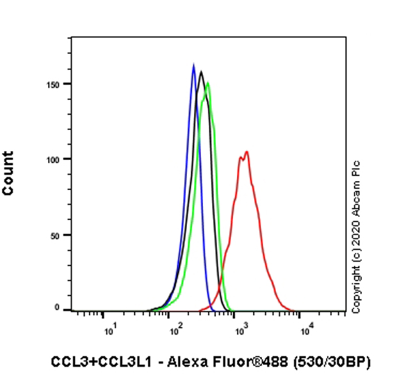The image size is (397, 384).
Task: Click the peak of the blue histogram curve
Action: click(x=193, y=65)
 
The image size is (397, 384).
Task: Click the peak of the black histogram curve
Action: click(x=201, y=71)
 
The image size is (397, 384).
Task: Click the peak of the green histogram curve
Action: click(x=207, y=82)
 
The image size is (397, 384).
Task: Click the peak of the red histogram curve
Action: click(x=247, y=152)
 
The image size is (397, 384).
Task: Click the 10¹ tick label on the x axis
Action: click(x=110, y=330)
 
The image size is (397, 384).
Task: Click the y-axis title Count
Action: click(x=8, y=173)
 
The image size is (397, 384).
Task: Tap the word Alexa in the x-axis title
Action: click(x=185, y=362)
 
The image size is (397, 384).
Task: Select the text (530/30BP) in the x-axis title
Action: click(x=333, y=362)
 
